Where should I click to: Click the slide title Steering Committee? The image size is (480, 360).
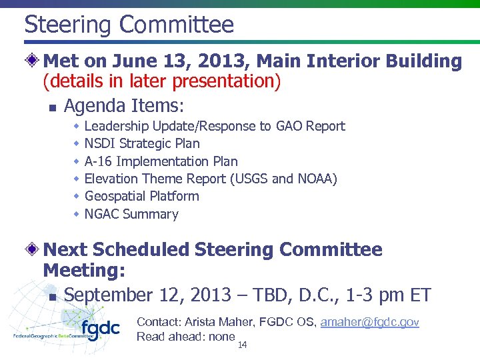point(129,25)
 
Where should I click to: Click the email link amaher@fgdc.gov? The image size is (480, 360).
point(369,322)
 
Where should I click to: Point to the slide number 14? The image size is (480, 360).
point(242,345)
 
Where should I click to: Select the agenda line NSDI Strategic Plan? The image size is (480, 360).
point(142,143)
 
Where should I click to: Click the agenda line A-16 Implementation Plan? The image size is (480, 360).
point(161,161)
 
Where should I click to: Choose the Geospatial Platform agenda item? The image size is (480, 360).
point(141,196)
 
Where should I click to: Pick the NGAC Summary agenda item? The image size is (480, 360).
point(131,214)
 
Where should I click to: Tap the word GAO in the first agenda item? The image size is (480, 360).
point(291,126)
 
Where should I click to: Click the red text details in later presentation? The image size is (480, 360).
point(162,82)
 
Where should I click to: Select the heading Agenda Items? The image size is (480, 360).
point(123,105)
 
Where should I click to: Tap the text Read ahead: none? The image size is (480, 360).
point(185,337)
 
